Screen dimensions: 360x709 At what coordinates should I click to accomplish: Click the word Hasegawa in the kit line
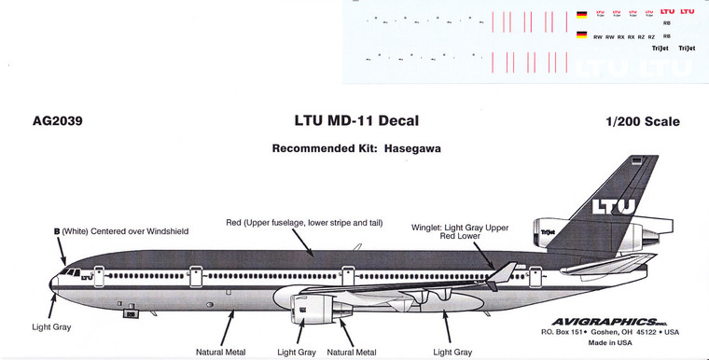411,148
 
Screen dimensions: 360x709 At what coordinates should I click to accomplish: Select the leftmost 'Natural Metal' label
221,352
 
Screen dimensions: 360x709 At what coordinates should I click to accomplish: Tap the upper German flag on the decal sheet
582,13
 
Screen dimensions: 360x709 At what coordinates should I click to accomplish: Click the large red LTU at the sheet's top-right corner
688,10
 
